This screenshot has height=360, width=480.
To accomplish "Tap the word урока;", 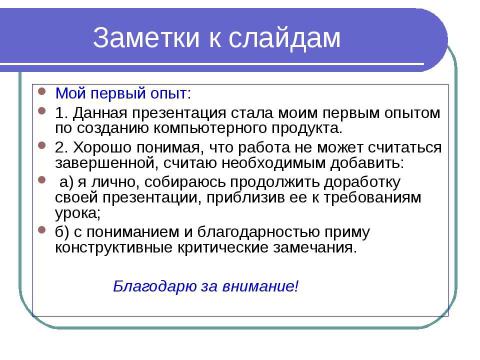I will point(78,214).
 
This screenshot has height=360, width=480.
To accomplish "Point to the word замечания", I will point(315,249).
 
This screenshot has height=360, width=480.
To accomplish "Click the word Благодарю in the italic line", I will point(148,286).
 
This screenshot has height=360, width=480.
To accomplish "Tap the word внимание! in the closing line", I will point(263,286).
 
